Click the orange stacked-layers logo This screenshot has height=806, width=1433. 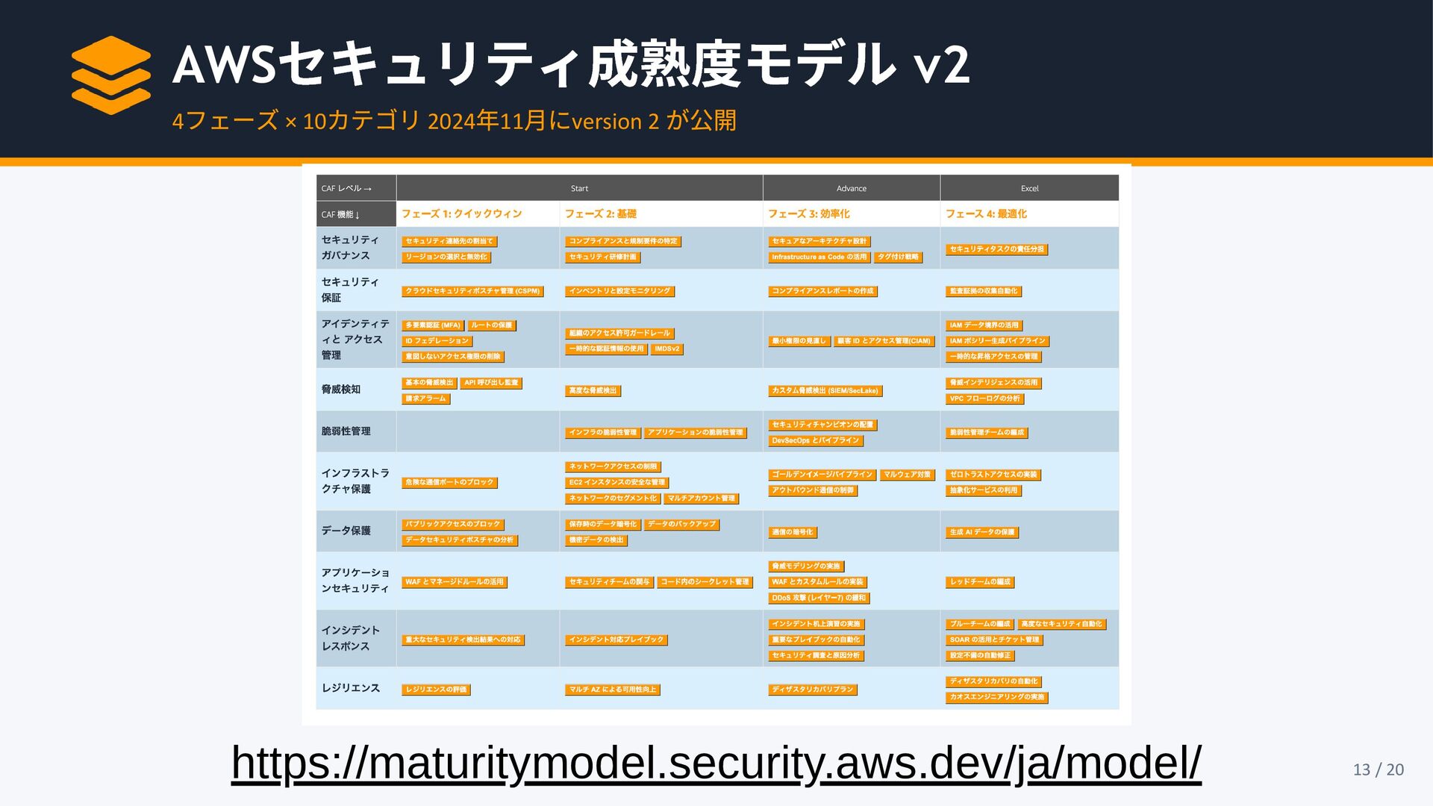pyautogui.click(x=111, y=75)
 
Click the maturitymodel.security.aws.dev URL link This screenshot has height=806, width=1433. pyautogui.click(x=716, y=763)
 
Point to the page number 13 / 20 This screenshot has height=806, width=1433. pyautogui.click(x=1378, y=769)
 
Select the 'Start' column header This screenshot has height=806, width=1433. pyautogui.click(x=579, y=189)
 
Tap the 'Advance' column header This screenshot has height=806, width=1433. pyautogui.click(x=851, y=189)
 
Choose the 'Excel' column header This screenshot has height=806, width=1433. pyautogui.click(x=1029, y=189)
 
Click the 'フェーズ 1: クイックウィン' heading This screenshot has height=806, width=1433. pyautogui.click(x=461, y=214)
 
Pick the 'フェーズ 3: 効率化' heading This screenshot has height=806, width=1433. pyautogui.click(x=808, y=214)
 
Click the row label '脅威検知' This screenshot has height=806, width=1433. pyautogui.click(x=341, y=390)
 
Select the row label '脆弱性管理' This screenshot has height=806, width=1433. pyautogui.click(x=346, y=431)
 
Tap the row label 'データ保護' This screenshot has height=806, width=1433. pyautogui.click(x=346, y=531)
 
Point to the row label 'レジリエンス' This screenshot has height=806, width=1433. pyautogui.click(x=351, y=688)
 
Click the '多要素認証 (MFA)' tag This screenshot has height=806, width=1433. pyautogui.click(x=433, y=325)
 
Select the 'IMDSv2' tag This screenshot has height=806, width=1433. pyautogui.click(x=666, y=349)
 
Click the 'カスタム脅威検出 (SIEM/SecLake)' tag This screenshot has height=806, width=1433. pyautogui.click(x=825, y=391)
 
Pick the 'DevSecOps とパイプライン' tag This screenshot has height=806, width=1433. pyautogui.click(x=815, y=441)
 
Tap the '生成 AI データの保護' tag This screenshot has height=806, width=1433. pyautogui.click(x=981, y=532)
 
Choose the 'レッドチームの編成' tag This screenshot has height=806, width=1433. pyautogui.click(x=980, y=582)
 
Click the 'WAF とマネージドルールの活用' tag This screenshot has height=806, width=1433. pyautogui.click(x=454, y=582)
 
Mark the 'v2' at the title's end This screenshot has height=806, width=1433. pyautogui.click(x=941, y=64)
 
